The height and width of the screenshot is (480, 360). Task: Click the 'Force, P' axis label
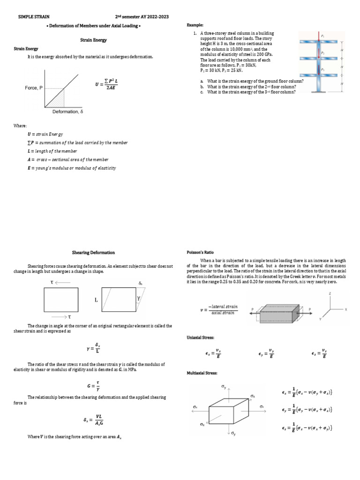(34, 88)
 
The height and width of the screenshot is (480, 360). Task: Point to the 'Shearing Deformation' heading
(93, 253)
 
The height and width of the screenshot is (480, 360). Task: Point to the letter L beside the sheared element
(96, 299)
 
